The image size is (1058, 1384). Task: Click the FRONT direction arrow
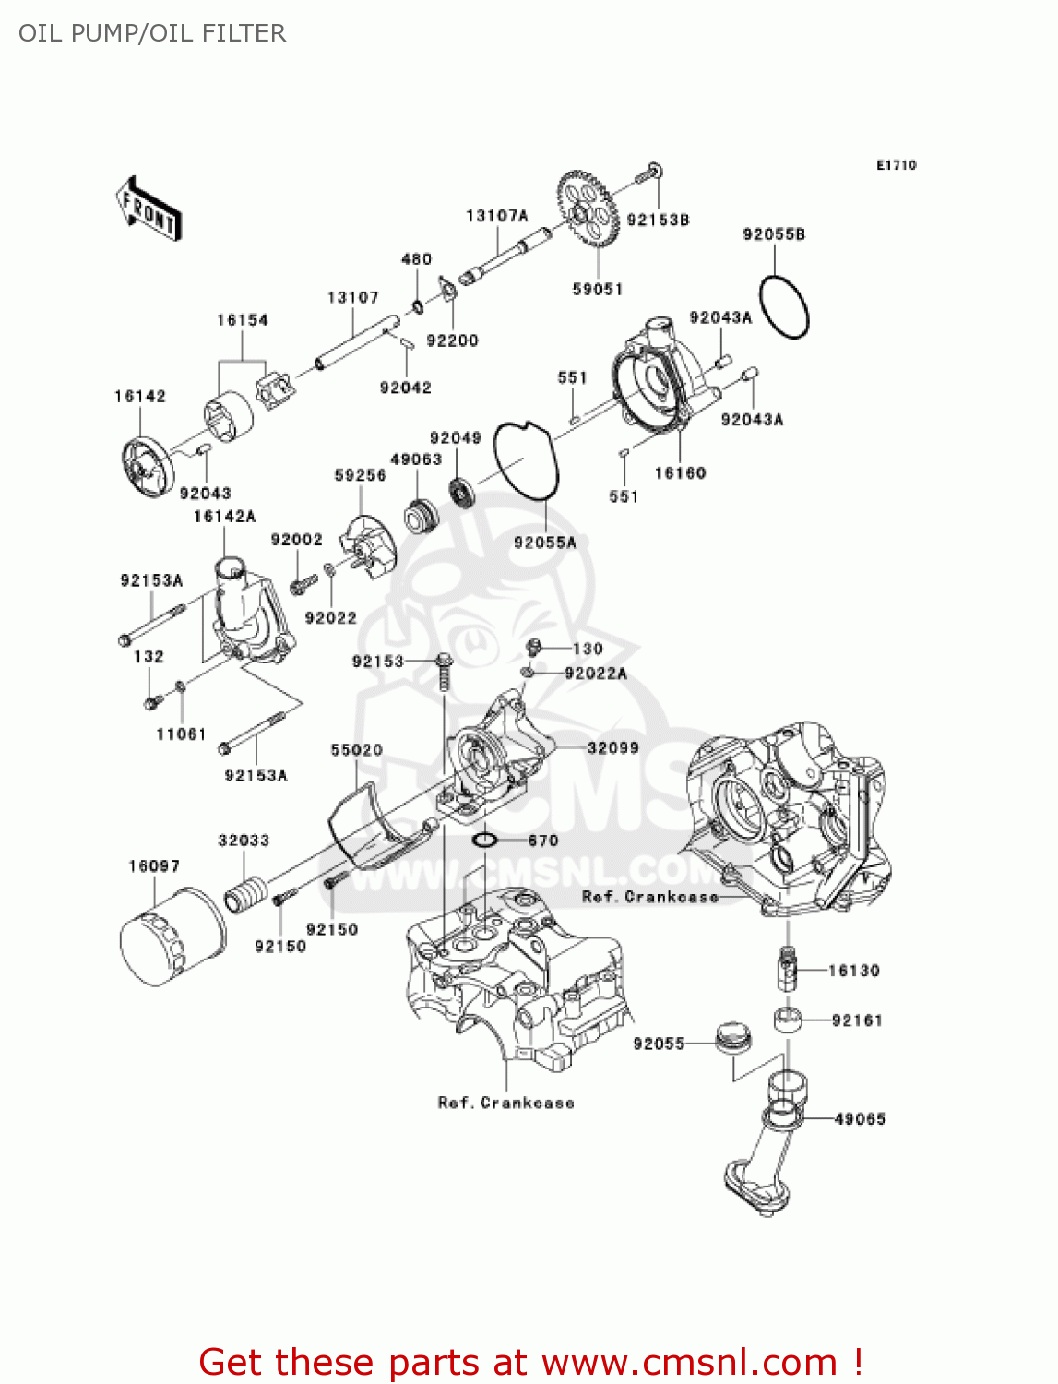coord(148,210)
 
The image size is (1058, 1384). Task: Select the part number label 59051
coord(598,290)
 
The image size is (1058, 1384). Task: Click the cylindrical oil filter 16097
coord(172,937)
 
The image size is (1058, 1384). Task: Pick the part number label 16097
coord(154,866)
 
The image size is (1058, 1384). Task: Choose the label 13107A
coord(497,216)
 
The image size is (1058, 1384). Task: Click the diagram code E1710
coord(897,165)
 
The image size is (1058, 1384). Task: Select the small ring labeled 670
coord(485,841)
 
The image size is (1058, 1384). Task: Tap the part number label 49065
coord(860,1119)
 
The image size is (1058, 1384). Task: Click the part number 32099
coord(613,747)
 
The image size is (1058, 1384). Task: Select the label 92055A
coord(545,543)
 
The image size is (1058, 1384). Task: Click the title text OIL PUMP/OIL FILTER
coord(152,33)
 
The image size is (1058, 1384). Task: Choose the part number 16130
coord(854,971)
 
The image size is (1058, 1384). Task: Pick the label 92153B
coord(659,221)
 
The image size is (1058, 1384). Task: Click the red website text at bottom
coord(530,1363)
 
